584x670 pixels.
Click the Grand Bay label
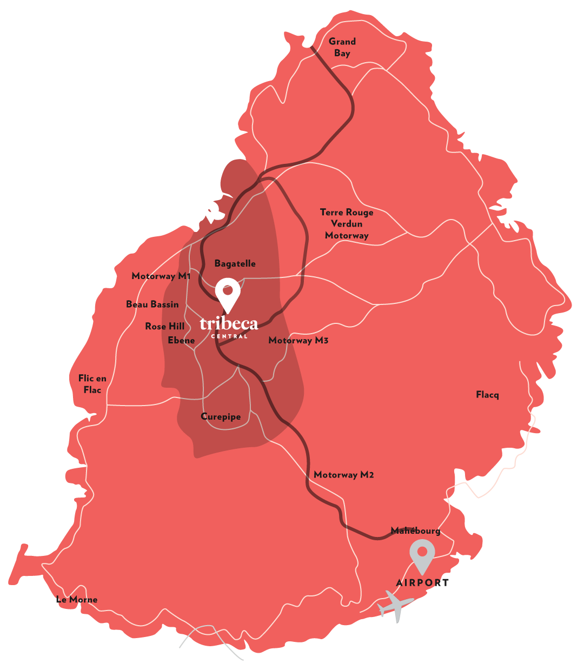coord(342,47)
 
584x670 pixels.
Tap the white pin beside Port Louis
coord(210,210)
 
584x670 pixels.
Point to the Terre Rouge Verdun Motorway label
coord(347,224)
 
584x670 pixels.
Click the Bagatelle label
coord(235,264)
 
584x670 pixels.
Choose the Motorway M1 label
coord(161,276)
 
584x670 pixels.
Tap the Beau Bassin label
coord(152,304)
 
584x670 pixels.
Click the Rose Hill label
coord(164,327)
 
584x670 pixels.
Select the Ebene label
coord(181,341)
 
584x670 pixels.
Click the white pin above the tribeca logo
coord(228,293)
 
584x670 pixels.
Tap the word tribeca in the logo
coord(229,323)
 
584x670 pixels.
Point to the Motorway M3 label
coord(298,341)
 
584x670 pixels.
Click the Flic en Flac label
coord(92,384)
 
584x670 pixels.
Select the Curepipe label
coord(221,417)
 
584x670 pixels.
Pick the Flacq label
coord(487,395)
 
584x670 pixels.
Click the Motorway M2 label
coord(343,475)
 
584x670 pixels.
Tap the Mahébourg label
coord(415,531)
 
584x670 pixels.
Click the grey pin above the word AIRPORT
coord(422,555)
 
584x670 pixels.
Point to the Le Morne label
coord(77,600)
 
